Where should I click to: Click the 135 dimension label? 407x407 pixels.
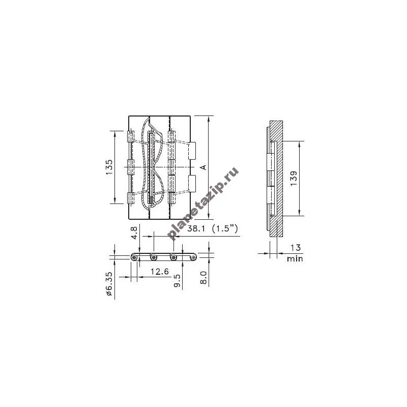point(109,167)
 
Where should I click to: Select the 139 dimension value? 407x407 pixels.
point(294,178)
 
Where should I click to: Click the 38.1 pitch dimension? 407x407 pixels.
point(196,228)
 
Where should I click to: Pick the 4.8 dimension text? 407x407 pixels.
point(134,232)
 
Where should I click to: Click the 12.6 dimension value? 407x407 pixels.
point(160,272)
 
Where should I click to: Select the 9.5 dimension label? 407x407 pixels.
point(177,281)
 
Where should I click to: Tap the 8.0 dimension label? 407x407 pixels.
point(203,277)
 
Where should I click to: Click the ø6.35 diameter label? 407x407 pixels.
point(109,284)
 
